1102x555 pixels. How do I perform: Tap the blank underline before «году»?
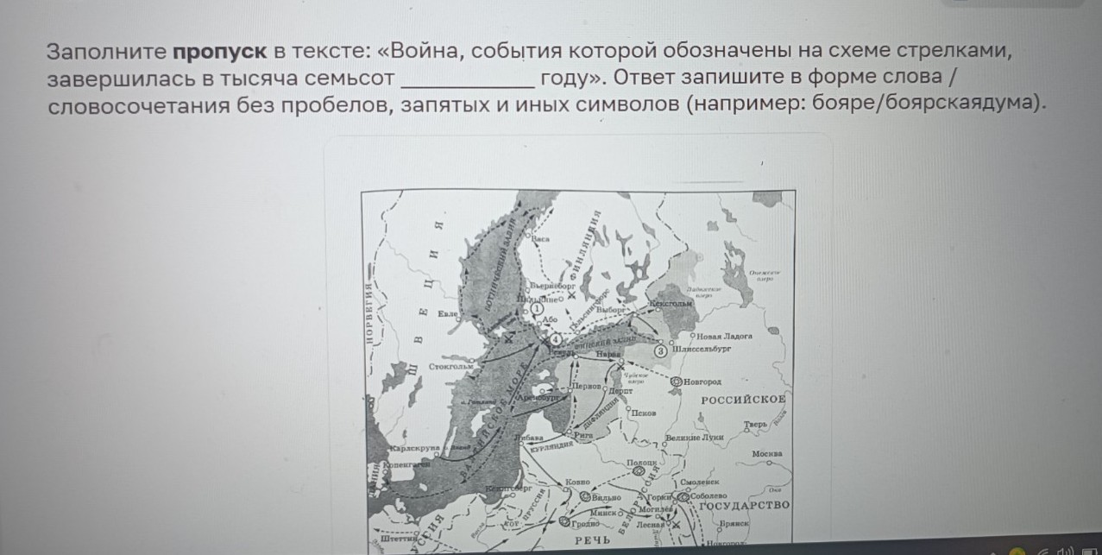point(469,79)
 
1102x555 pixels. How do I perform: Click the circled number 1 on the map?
point(536,307)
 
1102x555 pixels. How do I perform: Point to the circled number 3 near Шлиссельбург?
point(661,351)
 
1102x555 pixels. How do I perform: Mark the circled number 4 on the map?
point(556,340)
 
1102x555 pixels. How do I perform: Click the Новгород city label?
point(703,382)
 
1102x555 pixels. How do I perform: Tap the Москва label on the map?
point(766,453)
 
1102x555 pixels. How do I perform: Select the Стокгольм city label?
point(451,367)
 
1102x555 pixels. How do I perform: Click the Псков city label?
point(643,413)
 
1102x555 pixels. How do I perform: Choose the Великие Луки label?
point(694,438)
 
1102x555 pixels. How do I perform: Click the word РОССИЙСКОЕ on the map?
point(742,399)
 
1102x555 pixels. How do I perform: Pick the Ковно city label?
point(577,481)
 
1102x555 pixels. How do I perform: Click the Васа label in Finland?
point(540,238)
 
